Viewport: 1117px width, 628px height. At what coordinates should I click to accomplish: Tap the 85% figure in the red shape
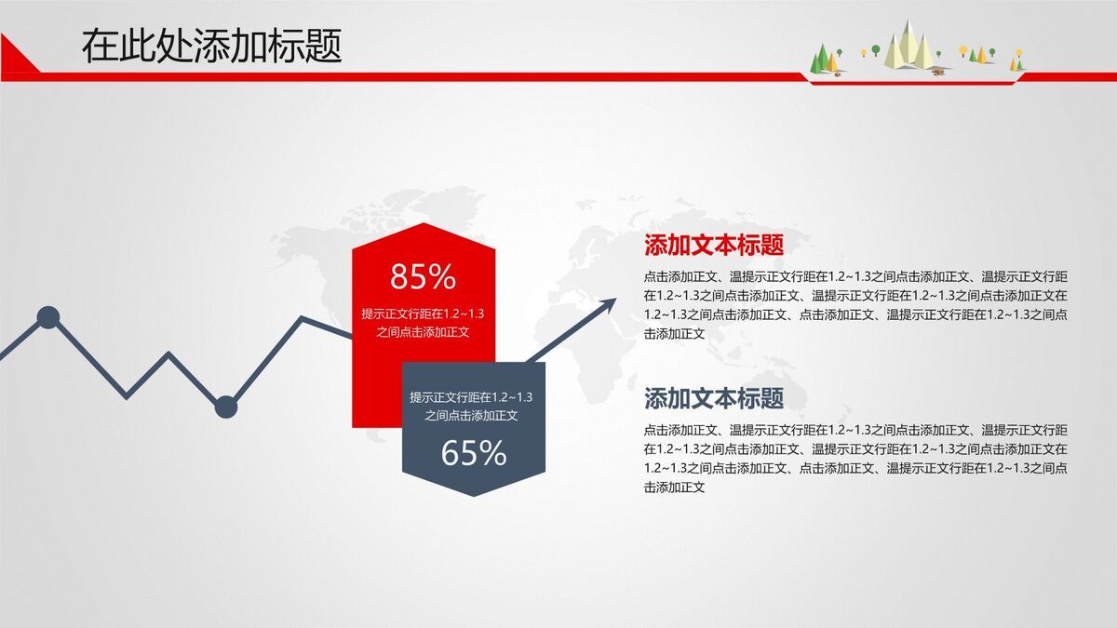tap(423, 276)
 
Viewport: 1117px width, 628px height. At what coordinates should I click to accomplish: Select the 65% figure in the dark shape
tap(473, 453)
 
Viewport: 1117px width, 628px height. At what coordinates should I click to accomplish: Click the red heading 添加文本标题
tap(714, 246)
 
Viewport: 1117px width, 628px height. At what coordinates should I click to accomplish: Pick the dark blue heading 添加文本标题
tap(714, 399)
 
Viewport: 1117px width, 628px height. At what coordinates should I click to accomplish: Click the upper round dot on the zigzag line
tap(48, 318)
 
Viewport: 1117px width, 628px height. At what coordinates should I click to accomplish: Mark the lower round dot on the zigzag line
tap(226, 407)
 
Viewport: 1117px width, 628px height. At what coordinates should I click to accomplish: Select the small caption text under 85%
tap(423, 322)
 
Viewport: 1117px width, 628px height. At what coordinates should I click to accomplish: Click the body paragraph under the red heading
tap(855, 304)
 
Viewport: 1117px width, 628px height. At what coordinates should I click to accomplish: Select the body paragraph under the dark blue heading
tap(855, 458)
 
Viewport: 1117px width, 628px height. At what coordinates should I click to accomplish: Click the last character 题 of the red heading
tap(772, 246)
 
